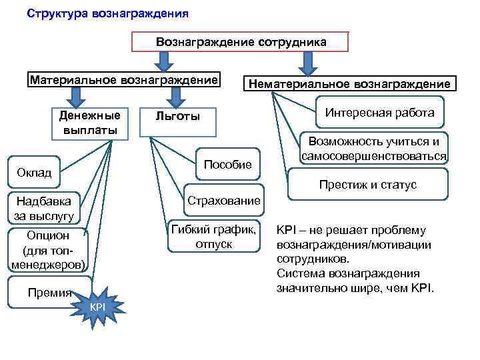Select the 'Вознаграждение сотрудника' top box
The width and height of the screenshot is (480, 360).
tap(241, 41)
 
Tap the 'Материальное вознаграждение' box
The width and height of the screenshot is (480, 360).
tap(123, 80)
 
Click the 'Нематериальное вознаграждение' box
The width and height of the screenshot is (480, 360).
tap(349, 84)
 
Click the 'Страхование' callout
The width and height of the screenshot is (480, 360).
tap(224, 200)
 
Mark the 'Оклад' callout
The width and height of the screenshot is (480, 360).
tap(33, 173)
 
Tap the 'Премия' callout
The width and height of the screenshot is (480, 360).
tap(47, 292)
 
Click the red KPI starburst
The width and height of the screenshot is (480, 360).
tap(97, 305)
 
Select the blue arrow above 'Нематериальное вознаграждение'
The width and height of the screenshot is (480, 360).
tap(307, 63)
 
